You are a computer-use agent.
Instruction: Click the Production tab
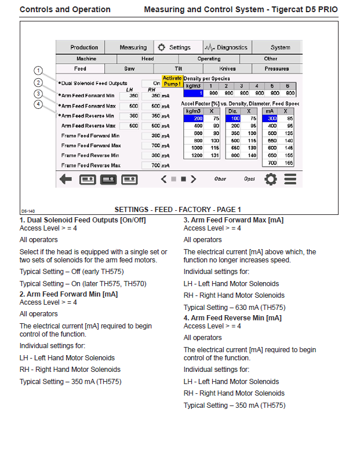pyautogui.click(x=84, y=48)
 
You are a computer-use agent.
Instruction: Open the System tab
pyautogui.click(x=280, y=48)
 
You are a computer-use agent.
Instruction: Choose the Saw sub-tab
pyautogui.click(x=130, y=69)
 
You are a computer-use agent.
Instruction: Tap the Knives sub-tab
pyautogui.click(x=228, y=69)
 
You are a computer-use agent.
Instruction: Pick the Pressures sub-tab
pyautogui.click(x=277, y=69)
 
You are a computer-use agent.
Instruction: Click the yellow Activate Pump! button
pyautogui.click(x=172, y=81)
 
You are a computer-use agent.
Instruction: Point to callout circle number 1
pyautogui.click(x=38, y=71)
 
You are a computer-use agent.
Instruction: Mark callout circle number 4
pyautogui.click(x=38, y=104)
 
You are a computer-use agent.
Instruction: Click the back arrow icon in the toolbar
pyautogui.click(x=66, y=179)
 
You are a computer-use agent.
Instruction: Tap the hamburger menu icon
pyautogui.click(x=290, y=179)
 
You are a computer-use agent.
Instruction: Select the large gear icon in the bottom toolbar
pyautogui.click(x=270, y=179)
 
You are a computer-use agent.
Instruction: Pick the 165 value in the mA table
pyautogui.click(x=289, y=163)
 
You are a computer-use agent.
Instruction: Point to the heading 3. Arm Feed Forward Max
pyautogui.click(x=234, y=220)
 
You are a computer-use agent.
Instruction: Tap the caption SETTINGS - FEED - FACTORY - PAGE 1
pyautogui.click(x=178, y=210)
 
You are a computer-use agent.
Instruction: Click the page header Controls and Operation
pyautogui.click(x=65, y=10)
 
